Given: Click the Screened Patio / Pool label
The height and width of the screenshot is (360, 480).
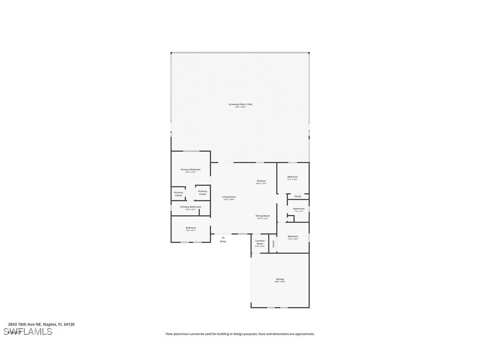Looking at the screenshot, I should coord(240,104).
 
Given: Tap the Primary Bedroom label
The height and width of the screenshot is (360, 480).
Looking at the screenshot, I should coord(190,170).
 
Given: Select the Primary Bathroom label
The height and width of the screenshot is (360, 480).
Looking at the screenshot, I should coord(190,207).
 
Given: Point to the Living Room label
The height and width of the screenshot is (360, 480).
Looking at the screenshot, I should coord(229,197).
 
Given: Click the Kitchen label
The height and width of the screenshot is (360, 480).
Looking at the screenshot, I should coord(261,181).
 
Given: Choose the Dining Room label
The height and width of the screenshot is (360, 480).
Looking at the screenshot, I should coord(263,216).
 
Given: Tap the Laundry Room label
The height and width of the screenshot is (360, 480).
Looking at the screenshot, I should coord(260,242).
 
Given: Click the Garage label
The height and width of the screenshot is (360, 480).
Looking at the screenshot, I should coord(280,279).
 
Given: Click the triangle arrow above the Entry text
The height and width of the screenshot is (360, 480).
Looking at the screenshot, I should coord(223,237).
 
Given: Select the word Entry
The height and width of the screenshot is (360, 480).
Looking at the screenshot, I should coord(223,241).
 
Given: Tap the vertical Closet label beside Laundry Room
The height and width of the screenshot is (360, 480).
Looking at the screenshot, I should coord(273,244).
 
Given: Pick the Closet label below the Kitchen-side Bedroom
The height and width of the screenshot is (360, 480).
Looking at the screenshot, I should coord(297,196).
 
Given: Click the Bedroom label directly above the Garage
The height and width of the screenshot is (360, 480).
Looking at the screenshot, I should coord(293,237).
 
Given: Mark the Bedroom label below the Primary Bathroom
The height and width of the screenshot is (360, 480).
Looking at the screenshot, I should coord(190,228).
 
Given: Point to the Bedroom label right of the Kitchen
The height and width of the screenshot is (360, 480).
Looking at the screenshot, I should coord(292,177).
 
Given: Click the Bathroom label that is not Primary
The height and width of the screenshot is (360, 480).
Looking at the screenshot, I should coord(299,209).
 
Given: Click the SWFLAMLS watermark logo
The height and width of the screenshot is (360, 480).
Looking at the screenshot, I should coord(28,332).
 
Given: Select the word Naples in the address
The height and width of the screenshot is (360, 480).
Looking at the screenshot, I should coord(49,324).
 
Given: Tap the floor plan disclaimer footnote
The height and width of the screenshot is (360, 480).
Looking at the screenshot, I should coord(240,334).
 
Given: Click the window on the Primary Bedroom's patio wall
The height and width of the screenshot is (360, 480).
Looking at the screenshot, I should coord(191,151).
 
